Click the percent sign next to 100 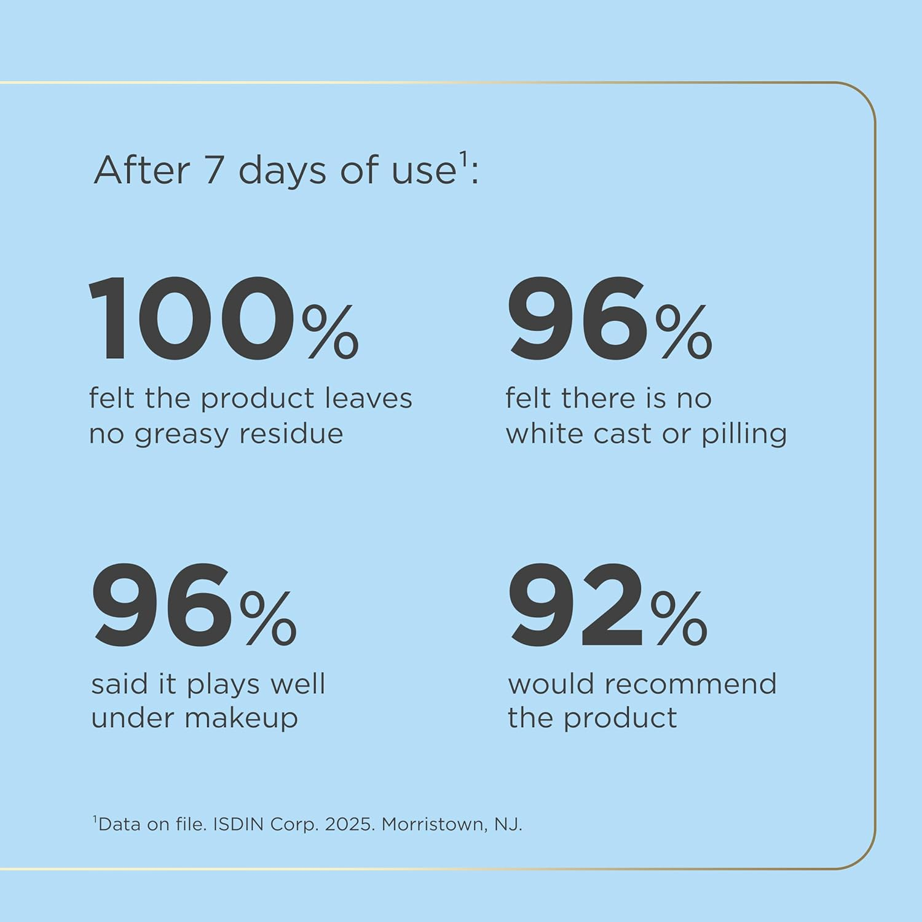coord(330,332)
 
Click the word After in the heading coord(141,170)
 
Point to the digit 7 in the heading coord(213,170)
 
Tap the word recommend coord(690,684)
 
